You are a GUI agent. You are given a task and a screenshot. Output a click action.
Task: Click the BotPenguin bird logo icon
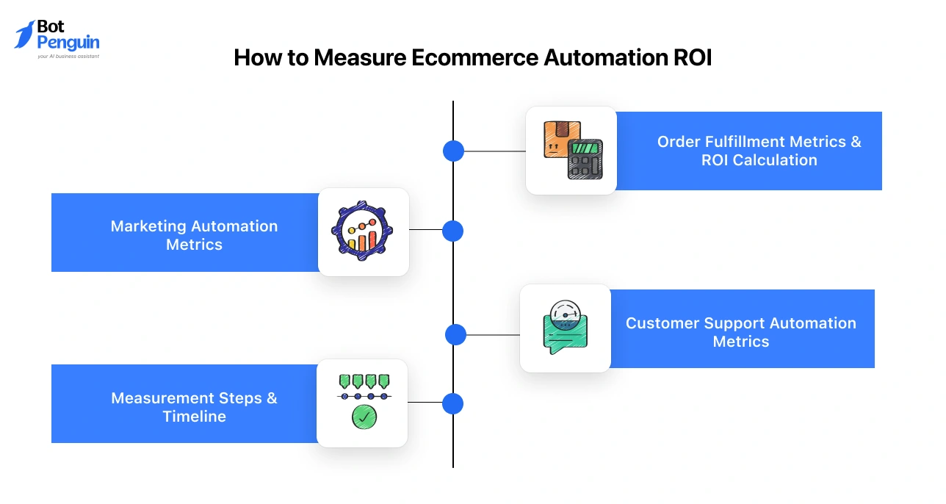click(x=24, y=35)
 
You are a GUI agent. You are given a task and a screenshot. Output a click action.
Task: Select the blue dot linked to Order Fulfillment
click(x=453, y=151)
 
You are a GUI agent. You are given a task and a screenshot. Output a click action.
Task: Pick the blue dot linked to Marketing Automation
click(x=453, y=231)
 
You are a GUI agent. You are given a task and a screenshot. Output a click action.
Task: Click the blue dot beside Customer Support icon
click(x=455, y=334)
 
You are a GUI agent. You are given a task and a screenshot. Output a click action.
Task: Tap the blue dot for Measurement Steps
click(x=453, y=403)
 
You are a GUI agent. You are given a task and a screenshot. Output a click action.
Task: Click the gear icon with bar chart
click(x=362, y=231)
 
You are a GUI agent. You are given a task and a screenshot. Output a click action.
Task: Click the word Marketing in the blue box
click(x=145, y=226)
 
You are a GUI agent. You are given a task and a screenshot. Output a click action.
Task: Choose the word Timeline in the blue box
click(x=195, y=417)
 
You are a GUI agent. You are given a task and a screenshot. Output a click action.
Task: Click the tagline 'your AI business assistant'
click(x=68, y=56)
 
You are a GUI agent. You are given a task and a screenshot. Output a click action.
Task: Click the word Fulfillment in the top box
click(x=742, y=142)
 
